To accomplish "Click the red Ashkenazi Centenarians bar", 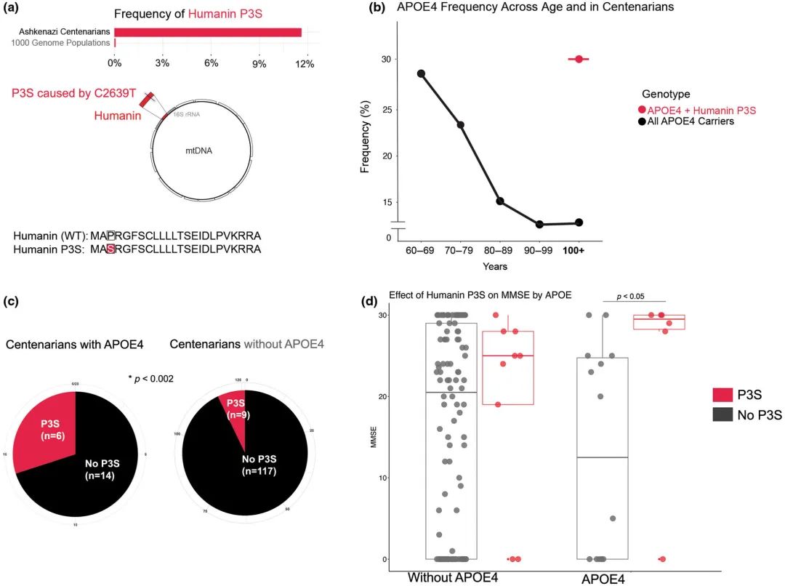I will pos(207,32).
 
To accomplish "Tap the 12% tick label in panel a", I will pos(305,64).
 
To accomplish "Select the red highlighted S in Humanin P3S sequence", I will pos(110,249).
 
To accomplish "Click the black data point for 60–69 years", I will pos(421,73).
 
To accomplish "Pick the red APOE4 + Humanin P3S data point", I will pos(579,59).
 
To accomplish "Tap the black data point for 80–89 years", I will pos(500,201).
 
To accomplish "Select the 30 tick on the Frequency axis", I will pos(386,59).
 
